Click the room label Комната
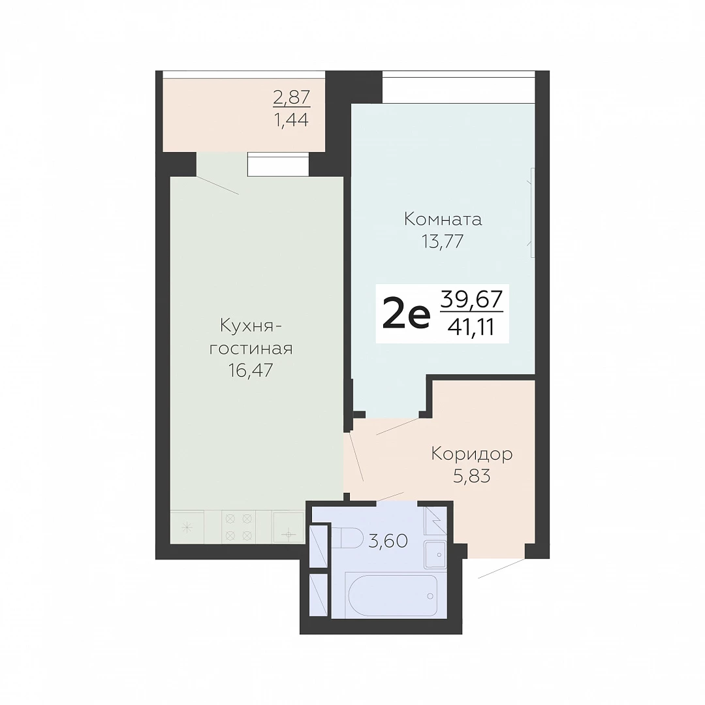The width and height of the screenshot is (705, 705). click(443, 219)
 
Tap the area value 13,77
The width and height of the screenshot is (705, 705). click(443, 242)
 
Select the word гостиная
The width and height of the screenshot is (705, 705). click(251, 349)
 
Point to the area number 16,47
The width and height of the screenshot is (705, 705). click(251, 370)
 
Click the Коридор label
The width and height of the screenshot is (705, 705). click(472, 454)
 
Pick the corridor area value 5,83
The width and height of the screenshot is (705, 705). click(472, 476)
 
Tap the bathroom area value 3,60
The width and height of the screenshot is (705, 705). click(388, 540)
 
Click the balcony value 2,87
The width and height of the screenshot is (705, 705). click(292, 97)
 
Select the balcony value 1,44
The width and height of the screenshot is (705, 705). click(292, 119)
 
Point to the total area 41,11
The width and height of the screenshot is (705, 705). click(471, 327)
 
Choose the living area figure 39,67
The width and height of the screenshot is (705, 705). click(471, 300)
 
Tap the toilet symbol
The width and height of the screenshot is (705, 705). click(348, 538)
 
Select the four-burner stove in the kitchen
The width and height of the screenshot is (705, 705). click(238, 527)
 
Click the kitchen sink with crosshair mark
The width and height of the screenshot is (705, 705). click(289, 527)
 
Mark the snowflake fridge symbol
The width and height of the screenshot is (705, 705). click(187, 527)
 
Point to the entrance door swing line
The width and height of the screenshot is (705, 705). click(501, 569)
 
